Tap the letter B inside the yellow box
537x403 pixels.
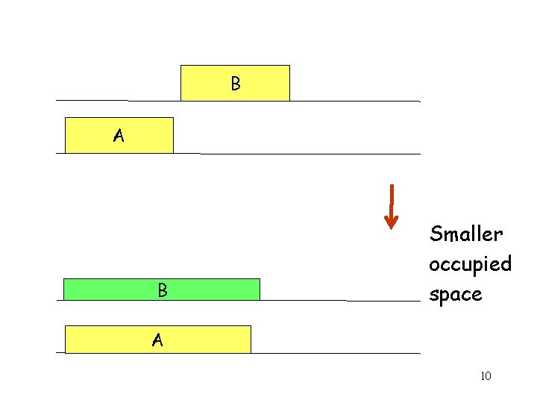point(236,84)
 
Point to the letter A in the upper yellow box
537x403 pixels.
point(119,136)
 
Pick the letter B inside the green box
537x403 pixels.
point(162,290)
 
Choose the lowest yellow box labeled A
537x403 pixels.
point(194,340)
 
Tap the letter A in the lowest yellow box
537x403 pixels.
point(157,340)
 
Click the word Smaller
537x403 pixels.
point(466,234)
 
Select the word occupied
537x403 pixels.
point(470,264)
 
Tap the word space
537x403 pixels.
point(455,295)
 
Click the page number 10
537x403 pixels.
point(486,375)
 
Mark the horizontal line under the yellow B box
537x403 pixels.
point(351,101)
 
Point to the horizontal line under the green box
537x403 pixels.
point(336,301)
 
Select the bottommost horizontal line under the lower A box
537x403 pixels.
point(336,353)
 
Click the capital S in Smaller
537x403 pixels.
point(436,234)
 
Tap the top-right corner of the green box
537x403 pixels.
point(260,279)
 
